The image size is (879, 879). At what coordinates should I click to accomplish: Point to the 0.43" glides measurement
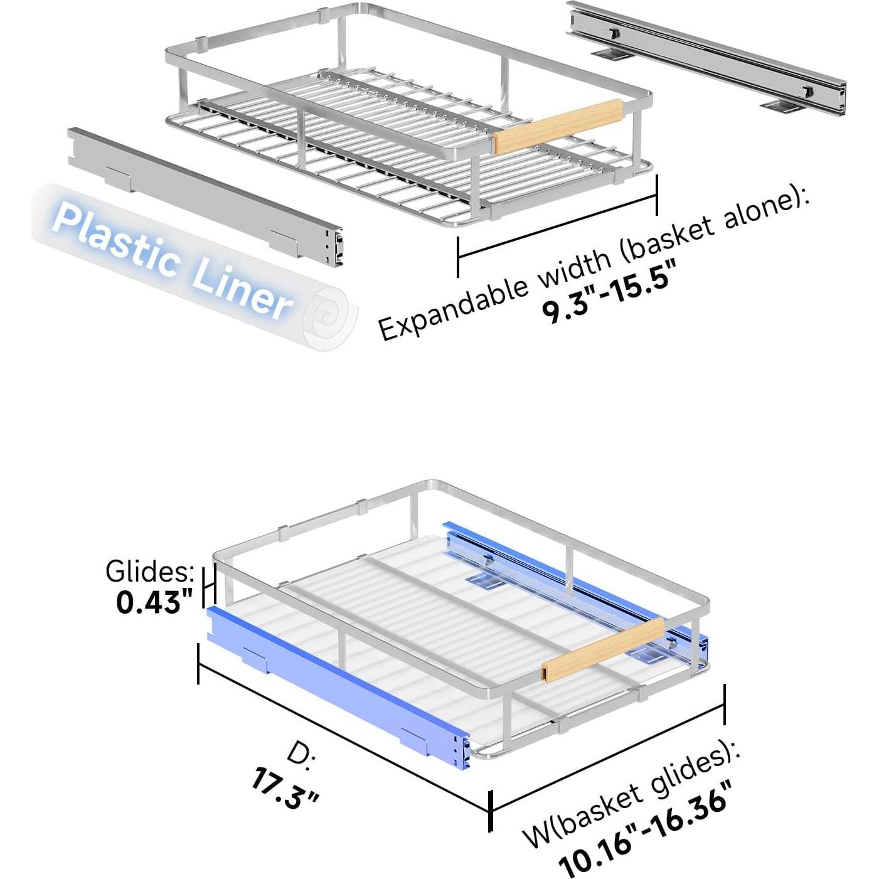154,603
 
